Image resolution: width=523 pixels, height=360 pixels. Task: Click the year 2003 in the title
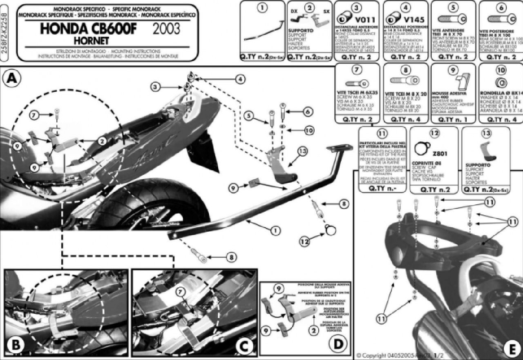168,29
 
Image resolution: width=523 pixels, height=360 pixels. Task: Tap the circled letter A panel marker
11,78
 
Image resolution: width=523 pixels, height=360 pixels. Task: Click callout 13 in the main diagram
302,152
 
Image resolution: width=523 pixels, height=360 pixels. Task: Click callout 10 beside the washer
309,130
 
